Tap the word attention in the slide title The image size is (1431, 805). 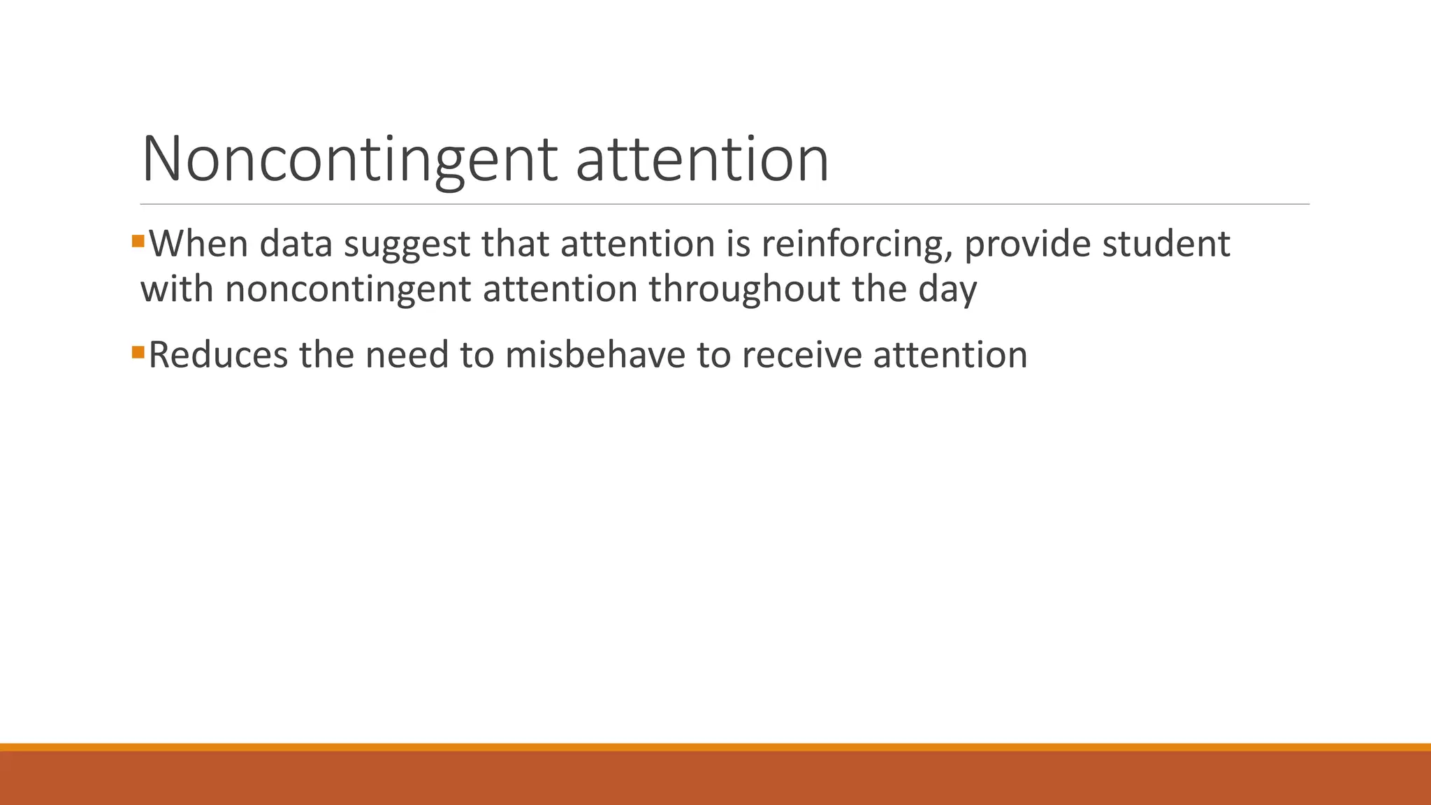click(x=702, y=159)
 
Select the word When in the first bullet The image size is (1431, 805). click(x=198, y=244)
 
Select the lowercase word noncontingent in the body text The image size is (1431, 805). click(x=348, y=289)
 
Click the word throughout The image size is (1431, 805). click(x=744, y=289)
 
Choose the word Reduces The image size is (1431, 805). click(x=218, y=355)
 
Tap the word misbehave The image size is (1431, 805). click(x=595, y=355)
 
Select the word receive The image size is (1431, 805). click(x=801, y=355)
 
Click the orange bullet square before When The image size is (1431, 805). click(x=138, y=242)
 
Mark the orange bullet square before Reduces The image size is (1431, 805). click(x=138, y=351)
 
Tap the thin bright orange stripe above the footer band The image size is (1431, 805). click(x=715, y=747)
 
